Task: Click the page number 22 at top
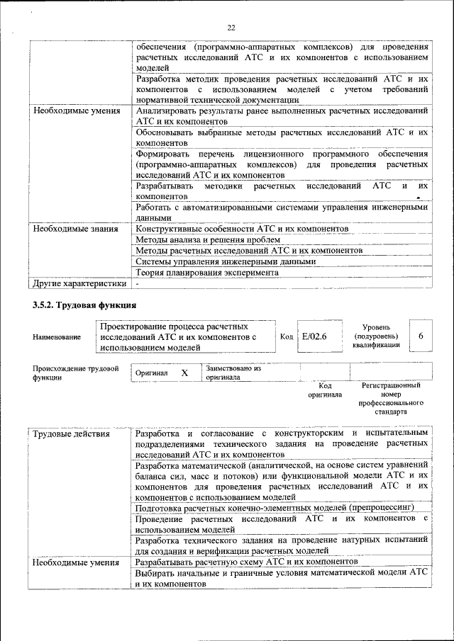coord(231,28)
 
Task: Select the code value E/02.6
coord(314,336)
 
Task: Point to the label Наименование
coord(57,338)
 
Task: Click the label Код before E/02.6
coord(287,337)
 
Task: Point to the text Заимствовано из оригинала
coord(234,373)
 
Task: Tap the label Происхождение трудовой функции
coord(75,373)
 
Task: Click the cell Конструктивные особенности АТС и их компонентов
coord(242,229)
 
